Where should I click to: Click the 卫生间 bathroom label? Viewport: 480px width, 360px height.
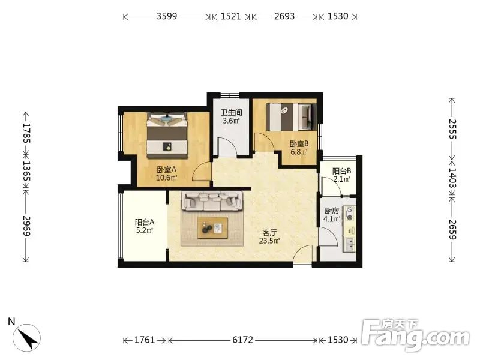[232, 112]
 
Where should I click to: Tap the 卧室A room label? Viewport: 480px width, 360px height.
[167, 170]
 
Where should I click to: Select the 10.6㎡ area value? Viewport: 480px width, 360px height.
[167, 178]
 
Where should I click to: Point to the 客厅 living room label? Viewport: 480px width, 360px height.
[269, 233]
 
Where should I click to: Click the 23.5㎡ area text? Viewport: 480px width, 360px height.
[269, 241]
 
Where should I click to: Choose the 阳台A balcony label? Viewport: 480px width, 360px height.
[145, 222]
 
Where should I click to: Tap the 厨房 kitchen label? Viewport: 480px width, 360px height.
[332, 211]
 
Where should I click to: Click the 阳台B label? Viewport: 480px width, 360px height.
[341, 171]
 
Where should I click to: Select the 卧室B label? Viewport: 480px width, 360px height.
[299, 143]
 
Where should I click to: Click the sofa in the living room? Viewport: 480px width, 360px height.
[212, 201]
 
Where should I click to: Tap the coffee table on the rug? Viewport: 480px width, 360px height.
[212, 228]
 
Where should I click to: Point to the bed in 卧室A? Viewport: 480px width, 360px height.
[167, 135]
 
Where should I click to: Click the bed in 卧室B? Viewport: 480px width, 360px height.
[291, 116]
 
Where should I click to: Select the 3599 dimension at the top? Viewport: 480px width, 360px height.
[167, 16]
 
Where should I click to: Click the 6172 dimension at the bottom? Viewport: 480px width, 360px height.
[243, 340]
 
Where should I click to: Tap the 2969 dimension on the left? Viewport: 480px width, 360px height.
[26, 226]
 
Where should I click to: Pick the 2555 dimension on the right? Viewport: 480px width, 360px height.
[452, 129]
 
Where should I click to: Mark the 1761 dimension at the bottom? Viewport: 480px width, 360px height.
[145, 340]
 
